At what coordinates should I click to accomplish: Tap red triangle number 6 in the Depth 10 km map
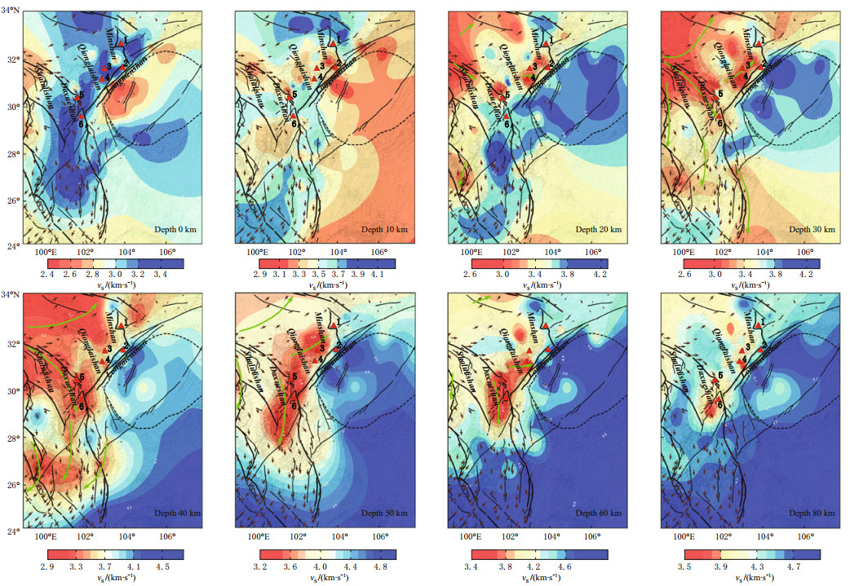tap(293, 116)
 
